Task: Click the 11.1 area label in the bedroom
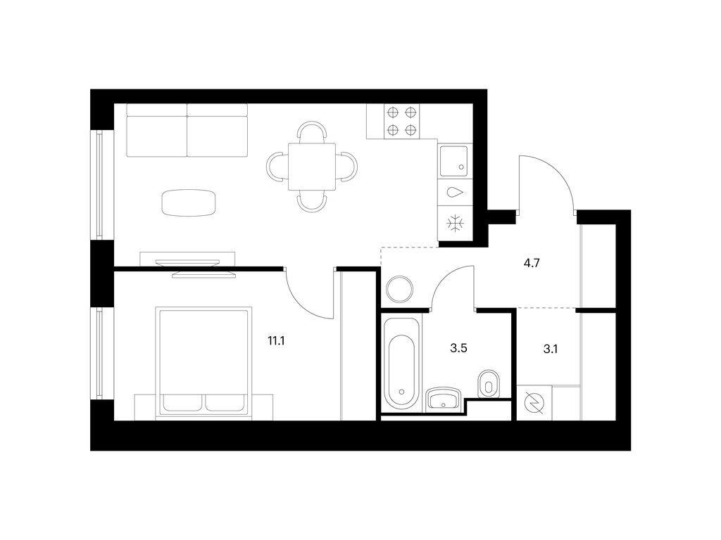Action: click(x=276, y=341)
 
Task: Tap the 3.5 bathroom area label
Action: click(x=458, y=348)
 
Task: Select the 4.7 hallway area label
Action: click(x=531, y=264)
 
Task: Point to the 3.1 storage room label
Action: click(x=551, y=349)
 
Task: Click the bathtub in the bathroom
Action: click(x=401, y=364)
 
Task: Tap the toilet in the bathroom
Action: click(x=489, y=383)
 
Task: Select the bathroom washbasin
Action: click(x=444, y=398)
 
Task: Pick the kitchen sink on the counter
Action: click(x=453, y=161)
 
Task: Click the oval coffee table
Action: click(x=189, y=202)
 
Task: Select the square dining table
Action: click(x=312, y=166)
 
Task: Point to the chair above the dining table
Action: click(x=312, y=131)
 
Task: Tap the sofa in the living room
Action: click(x=187, y=130)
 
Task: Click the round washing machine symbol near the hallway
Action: click(x=400, y=289)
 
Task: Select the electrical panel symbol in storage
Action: click(x=534, y=403)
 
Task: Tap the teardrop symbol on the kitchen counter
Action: click(x=454, y=193)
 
